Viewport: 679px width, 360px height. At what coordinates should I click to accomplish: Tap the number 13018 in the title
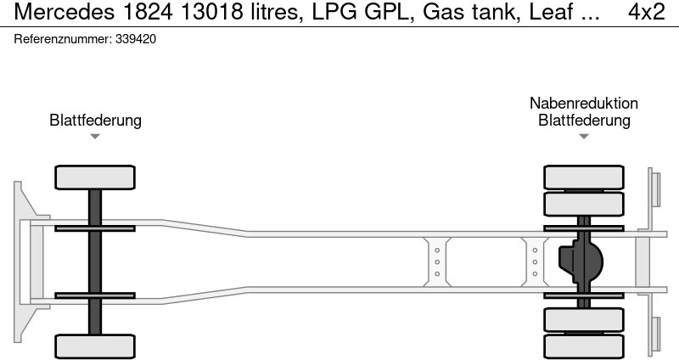pyautogui.click(x=208, y=13)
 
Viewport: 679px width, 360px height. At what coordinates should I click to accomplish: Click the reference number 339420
pyautogui.click(x=134, y=39)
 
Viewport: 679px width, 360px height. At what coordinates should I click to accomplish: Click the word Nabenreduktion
pyautogui.click(x=584, y=103)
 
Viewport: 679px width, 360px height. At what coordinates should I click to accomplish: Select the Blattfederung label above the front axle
pyautogui.click(x=95, y=121)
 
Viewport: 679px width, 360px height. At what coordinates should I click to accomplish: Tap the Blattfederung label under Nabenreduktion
pyautogui.click(x=584, y=121)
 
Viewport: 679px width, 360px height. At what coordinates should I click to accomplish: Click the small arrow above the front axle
pyautogui.click(x=95, y=136)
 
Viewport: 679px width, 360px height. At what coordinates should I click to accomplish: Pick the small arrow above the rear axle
pyautogui.click(x=584, y=136)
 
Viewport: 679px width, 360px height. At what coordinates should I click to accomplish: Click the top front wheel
pyautogui.click(x=95, y=177)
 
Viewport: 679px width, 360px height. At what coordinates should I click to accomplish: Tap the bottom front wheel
pyautogui.click(x=95, y=346)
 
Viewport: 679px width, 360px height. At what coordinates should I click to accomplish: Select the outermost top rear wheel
pyautogui.click(x=584, y=177)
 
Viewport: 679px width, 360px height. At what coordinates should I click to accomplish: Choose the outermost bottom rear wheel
pyautogui.click(x=584, y=346)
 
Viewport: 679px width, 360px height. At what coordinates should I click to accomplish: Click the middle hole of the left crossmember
pyautogui.click(x=436, y=262)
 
